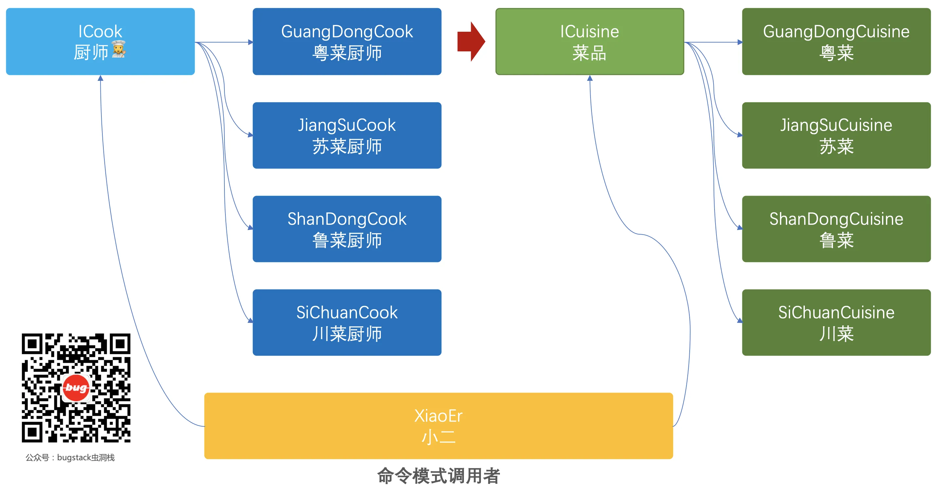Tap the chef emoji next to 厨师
pyautogui.click(x=118, y=49)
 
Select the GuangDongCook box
pyautogui.click(x=347, y=42)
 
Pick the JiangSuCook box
pyautogui.click(x=347, y=135)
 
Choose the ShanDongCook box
pyautogui.click(x=347, y=229)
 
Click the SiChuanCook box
pyautogui.click(x=347, y=322)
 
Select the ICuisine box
pyautogui.click(x=589, y=42)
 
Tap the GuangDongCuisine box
pyautogui.click(x=836, y=42)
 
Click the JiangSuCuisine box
pyautogui.click(x=836, y=135)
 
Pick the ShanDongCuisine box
pyautogui.click(x=836, y=229)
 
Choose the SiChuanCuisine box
pyautogui.click(x=836, y=322)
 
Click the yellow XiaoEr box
pyautogui.click(x=438, y=426)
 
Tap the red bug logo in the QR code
pyautogui.click(x=76, y=388)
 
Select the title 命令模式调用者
pyautogui.click(x=438, y=476)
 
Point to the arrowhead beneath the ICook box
pyautogui.click(x=100, y=78)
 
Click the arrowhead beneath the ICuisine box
pyautogui.click(x=590, y=78)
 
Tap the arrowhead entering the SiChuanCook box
pyautogui.click(x=250, y=320)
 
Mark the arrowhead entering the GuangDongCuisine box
pyautogui.click(x=739, y=42)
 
